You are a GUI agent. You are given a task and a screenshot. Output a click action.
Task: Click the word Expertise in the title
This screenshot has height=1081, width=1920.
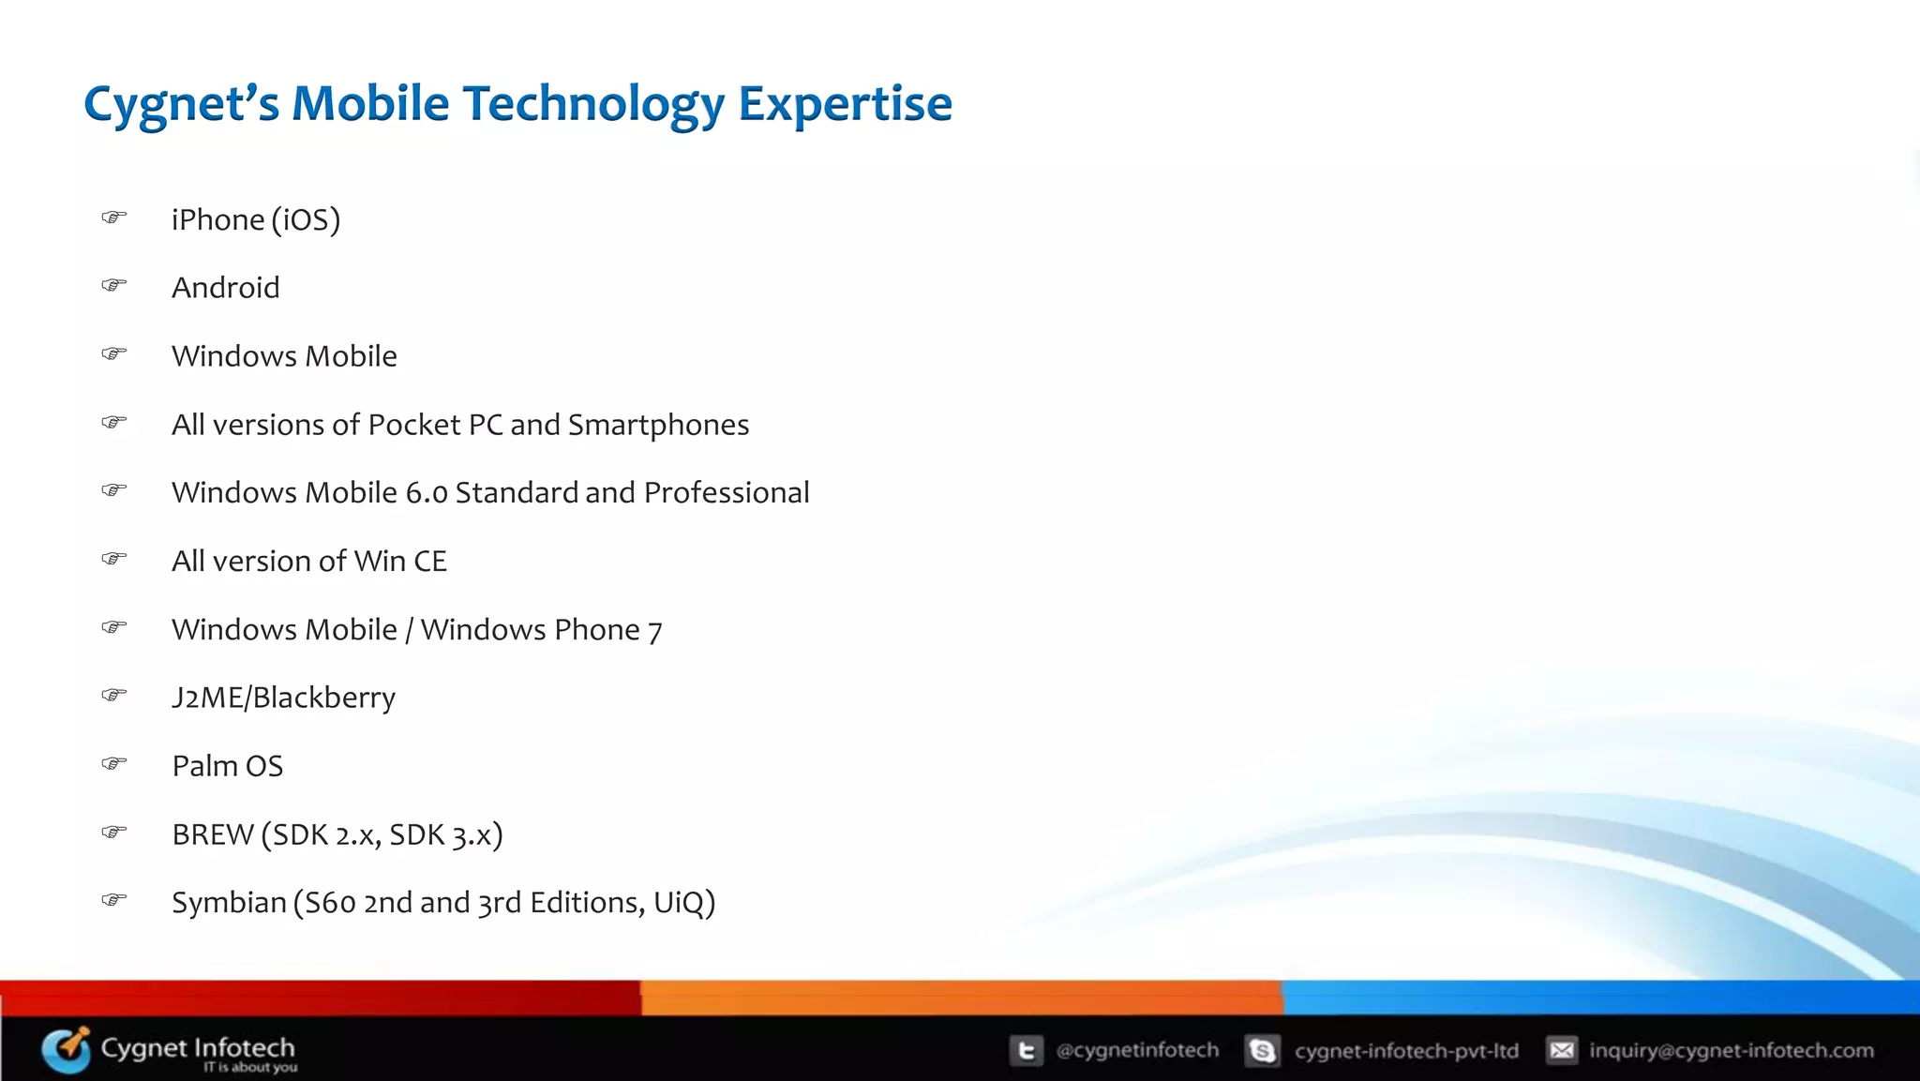coord(845,103)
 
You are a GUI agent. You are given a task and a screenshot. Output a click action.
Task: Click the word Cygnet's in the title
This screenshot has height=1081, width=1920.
coord(181,103)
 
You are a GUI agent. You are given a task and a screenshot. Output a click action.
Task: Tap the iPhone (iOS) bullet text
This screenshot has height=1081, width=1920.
coord(255,219)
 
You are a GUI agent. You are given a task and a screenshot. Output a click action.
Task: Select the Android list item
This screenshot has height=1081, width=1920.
coord(225,288)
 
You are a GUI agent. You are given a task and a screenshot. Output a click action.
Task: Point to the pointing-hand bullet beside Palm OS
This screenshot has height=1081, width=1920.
coord(113,763)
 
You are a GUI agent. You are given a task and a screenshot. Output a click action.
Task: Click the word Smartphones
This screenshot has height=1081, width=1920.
coord(658,425)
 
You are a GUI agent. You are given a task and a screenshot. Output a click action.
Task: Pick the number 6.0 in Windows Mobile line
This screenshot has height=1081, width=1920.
coord(427,493)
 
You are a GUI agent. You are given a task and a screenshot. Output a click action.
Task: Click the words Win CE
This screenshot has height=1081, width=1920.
coord(400,561)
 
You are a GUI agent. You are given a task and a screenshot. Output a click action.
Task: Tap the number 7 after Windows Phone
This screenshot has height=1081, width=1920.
coord(654,631)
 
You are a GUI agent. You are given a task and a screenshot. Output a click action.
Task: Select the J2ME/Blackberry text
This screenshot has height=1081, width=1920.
coord(283,698)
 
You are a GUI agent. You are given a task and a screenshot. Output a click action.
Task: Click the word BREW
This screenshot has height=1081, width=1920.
coord(213,834)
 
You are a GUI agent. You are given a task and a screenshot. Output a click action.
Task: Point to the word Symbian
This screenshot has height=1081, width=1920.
coord(229,902)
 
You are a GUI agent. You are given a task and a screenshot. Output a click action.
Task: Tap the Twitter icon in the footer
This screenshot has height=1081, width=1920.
coord(1027,1050)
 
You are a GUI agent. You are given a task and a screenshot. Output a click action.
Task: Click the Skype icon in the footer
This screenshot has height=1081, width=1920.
coord(1263,1050)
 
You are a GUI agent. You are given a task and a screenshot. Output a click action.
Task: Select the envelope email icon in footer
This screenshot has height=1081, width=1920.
coord(1562,1050)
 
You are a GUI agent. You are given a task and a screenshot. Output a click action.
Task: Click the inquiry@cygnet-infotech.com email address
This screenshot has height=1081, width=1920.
coord(1731,1050)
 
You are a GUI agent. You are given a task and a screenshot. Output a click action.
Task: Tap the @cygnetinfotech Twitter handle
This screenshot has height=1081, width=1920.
coord(1137,1050)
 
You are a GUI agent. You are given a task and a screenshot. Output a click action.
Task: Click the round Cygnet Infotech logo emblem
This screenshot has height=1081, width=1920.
coord(67,1049)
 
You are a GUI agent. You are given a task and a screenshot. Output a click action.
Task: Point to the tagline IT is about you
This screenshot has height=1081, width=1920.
coord(249,1067)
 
